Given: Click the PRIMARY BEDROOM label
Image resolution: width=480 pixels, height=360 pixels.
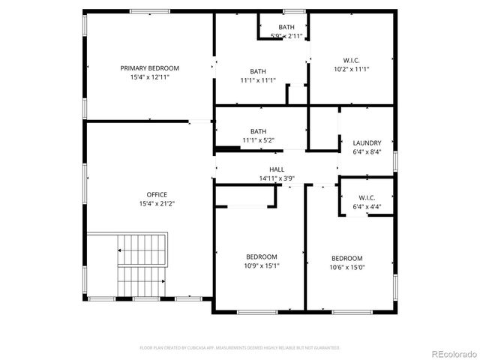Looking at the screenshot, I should (150, 68).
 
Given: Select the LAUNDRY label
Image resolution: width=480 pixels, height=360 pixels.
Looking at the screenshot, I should (367, 142).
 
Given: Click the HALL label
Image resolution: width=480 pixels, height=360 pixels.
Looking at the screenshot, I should (277, 170).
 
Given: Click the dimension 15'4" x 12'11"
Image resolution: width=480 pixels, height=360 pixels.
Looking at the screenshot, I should (150, 77).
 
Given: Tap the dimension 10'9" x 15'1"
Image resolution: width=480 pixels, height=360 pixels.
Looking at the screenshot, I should (262, 265).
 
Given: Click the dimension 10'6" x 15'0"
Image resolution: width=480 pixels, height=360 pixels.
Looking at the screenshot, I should (347, 267).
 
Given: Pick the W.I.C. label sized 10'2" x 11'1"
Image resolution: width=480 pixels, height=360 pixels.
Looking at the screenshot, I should (351, 69).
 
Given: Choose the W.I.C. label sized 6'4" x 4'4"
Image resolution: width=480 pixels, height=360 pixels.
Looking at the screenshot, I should (367, 207).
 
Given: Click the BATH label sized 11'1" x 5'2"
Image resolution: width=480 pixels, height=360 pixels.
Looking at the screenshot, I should (258, 140).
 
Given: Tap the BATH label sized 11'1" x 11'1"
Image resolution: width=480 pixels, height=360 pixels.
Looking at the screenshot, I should (258, 80).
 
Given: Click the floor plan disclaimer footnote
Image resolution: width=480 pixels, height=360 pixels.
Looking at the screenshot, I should (240, 348).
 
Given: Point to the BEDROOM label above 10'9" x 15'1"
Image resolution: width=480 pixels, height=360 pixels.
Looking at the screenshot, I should (262, 256).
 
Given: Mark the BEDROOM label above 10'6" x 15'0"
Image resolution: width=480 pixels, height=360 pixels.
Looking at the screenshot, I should (347, 258).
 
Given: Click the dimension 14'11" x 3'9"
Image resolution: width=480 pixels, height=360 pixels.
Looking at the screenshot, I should (277, 179).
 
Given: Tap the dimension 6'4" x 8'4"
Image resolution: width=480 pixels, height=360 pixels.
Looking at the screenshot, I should (367, 151).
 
